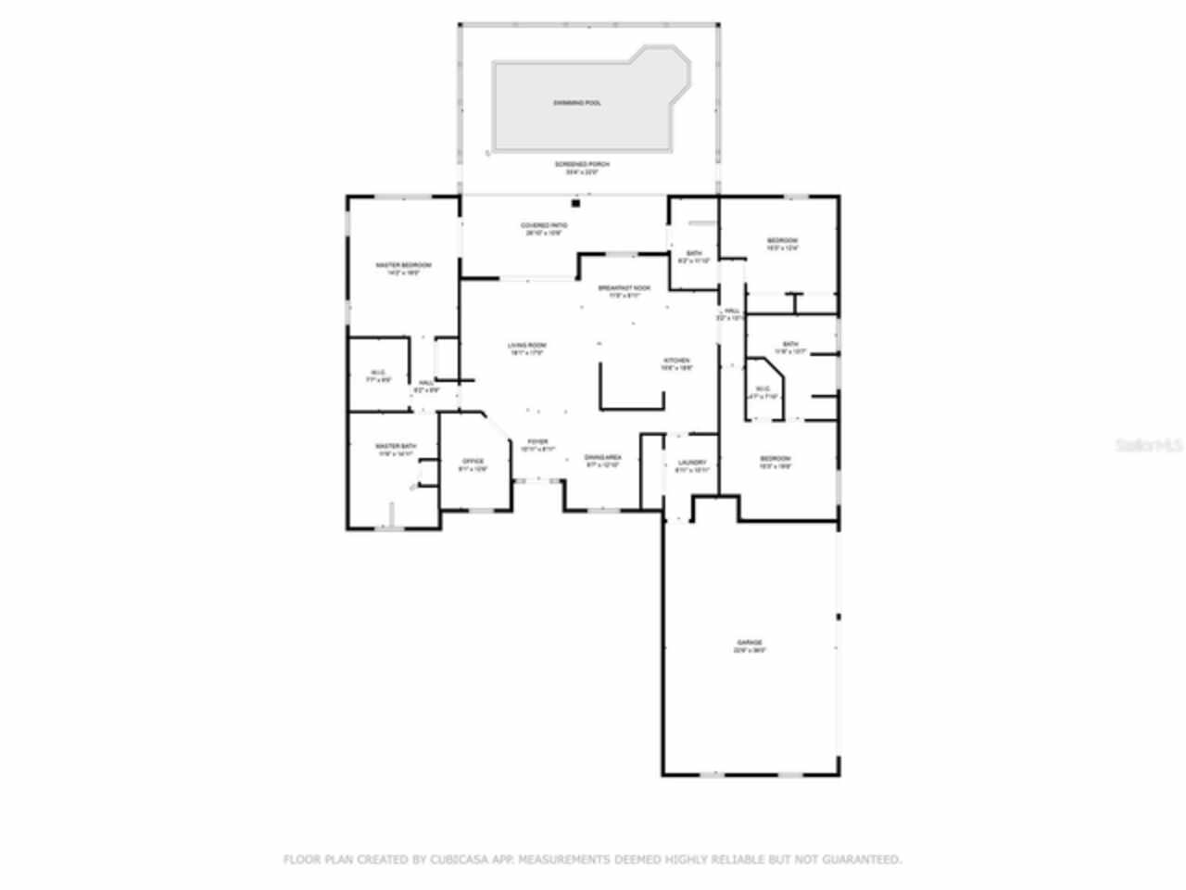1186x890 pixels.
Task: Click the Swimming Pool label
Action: click(x=577, y=103)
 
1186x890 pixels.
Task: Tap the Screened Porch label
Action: click(x=582, y=164)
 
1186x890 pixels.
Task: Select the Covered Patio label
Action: click(x=544, y=225)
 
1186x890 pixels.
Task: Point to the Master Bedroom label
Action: click(x=403, y=265)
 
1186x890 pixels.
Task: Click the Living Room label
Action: click(x=525, y=347)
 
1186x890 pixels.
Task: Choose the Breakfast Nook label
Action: click(x=625, y=288)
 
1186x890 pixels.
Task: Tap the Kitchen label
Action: click(x=675, y=361)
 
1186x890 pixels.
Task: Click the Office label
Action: click(x=473, y=461)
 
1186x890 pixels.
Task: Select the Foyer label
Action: click(x=537, y=441)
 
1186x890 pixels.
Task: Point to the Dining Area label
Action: click(x=602, y=457)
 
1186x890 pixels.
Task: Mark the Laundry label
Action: click(x=692, y=463)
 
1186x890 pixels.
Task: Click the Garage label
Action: click(x=750, y=642)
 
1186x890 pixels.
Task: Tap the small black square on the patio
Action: click(x=575, y=203)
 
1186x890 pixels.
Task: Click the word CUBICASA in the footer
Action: click(x=458, y=859)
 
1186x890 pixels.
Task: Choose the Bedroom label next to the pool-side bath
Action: click(x=782, y=241)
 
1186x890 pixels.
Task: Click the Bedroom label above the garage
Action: click(x=776, y=459)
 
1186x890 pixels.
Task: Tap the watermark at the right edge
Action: click(x=1149, y=445)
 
